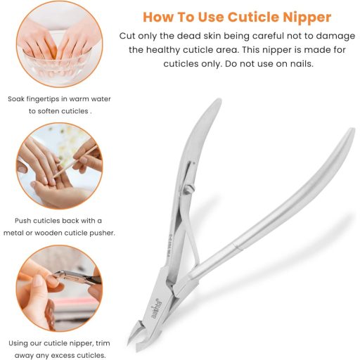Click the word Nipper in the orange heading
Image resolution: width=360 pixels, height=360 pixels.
click(x=307, y=18)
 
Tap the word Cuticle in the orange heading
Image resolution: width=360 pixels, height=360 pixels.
click(x=253, y=17)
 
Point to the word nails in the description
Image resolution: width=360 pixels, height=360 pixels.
click(x=302, y=63)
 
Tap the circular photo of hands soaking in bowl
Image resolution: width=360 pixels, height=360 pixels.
click(x=59, y=44)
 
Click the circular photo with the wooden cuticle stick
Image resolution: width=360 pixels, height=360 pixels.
click(x=59, y=166)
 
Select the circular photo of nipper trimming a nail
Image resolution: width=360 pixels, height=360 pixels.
click(x=59, y=288)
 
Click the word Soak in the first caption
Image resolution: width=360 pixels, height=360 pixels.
click(x=16, y=99)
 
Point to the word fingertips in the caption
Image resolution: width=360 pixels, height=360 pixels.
click(x=43, y=99)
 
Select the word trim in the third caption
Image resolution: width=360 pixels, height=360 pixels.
click(x=103, y=343)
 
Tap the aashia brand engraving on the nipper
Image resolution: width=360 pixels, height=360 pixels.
click(x=156, y=309)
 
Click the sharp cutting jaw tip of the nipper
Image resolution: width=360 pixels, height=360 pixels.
click(x=129, y=344)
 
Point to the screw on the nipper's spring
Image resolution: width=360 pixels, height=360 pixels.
click(x=189, y=188)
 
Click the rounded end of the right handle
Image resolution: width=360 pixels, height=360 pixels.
click(x=352, y=133)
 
